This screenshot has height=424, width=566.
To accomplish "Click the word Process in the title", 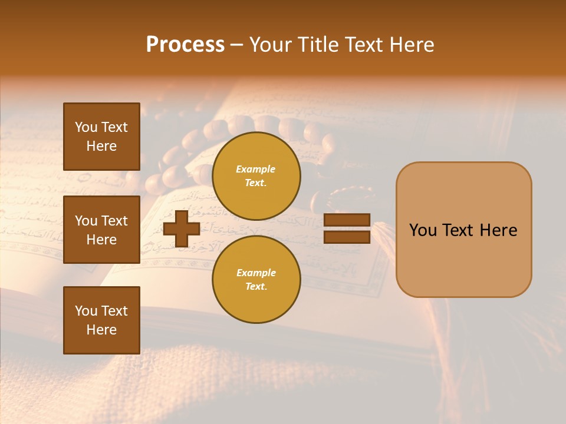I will coord(185,45).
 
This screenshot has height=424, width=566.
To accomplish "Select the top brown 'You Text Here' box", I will coord(101,137).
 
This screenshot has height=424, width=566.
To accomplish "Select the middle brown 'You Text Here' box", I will coord(101,230).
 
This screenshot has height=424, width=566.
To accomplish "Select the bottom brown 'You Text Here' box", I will coord(101,320).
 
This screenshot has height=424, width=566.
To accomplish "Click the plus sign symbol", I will coord(182,228).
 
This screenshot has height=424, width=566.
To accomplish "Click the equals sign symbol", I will coord(347,228).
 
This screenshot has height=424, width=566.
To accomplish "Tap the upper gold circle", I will coord(256,175).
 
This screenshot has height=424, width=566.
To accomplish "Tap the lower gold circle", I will coord(256,279).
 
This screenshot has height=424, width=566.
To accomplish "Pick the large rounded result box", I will coord(463,230).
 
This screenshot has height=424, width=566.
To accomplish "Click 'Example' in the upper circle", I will coord(255,169).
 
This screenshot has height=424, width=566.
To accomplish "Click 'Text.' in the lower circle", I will coord(256,286).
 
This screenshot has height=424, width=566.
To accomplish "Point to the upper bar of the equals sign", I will coord(347,220).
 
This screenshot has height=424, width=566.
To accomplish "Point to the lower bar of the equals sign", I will coord(347,237).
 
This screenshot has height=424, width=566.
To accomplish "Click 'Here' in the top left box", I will coord(101,146).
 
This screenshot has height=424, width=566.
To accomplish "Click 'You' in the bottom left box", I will coord(86,311).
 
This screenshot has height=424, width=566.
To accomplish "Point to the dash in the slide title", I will coord(237,45).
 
